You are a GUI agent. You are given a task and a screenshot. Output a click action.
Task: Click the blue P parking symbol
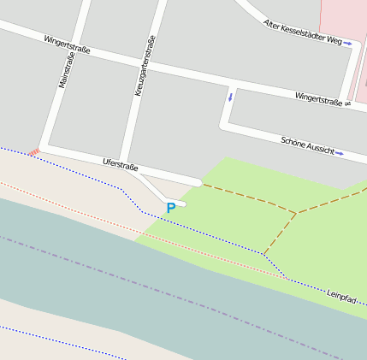point(171,208)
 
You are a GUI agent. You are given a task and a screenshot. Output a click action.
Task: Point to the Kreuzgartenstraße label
point(143,65)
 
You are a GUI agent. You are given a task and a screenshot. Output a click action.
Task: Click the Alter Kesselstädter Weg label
point(301,32)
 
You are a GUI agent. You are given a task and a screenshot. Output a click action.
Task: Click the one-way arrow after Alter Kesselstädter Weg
point(348,44)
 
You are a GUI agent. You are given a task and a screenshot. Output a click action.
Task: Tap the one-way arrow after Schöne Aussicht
point(340,154)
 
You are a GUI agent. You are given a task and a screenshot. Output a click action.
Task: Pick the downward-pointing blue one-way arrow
point(229,96)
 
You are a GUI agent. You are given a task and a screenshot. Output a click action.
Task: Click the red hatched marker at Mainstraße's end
point(34,152)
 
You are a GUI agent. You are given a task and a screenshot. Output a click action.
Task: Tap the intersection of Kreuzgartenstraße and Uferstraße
point(128,166)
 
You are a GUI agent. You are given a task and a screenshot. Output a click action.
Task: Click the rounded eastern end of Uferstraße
point(198,181)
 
